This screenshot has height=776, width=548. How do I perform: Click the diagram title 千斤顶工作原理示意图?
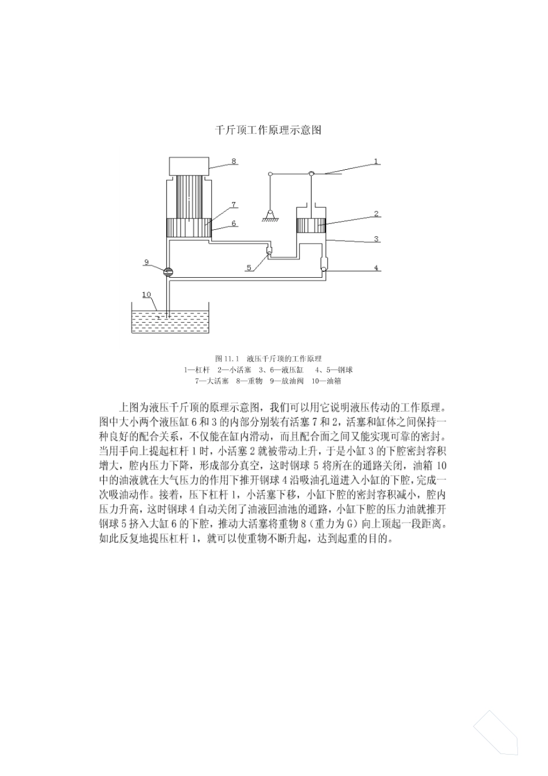click(x=268, y=130)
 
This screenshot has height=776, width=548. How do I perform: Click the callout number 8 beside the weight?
click(x=234, y=161)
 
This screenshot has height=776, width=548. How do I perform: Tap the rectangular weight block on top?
click(x=189, y=166)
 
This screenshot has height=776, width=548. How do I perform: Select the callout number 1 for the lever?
click(x=376, y=161)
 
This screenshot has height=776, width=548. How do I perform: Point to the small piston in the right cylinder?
click(x=311, y=226)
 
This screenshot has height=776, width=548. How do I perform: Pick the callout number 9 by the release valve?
click(x=147, y=262)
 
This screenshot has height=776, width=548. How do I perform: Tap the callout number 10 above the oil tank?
click(x=147, y=295)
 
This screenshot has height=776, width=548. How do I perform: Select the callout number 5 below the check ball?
click(x=249, y=267)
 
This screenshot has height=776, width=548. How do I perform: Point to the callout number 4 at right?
click(x=376, y=268)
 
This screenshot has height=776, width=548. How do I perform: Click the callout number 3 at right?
click(x=376, y=238)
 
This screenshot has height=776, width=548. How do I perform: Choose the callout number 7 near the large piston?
click(x=234, y=204)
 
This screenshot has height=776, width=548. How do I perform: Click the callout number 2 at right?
click(x=376, y=214)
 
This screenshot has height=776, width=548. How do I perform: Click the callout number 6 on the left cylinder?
click(x=234, y=223)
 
